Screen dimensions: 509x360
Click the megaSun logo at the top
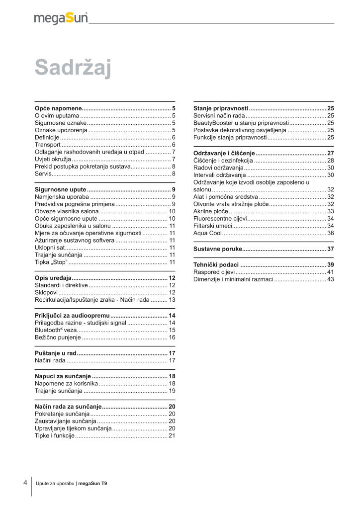pos(61,18)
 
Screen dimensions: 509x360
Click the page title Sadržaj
pos(73,68)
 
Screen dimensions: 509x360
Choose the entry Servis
pos(43,173)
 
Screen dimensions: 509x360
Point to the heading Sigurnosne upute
pos(61,190)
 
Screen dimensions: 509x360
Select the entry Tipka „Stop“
pos(51,261)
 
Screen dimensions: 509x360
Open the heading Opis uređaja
pos(54,278)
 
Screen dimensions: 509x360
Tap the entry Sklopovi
pos(46,293)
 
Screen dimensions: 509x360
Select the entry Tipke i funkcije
pos(54,435)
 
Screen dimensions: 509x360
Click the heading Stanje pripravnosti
pos(221,108)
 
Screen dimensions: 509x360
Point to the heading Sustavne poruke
pos(218,249)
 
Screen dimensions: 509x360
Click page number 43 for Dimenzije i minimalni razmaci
pos(330,279)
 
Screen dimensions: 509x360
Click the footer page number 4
pos(25,483)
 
